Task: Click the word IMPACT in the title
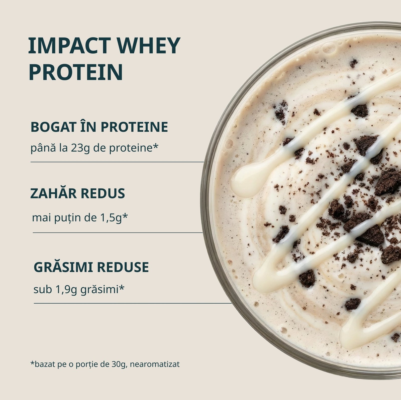pyautogui.click(x=69, y=46)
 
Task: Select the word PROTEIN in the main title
pyautogui.click(x=76, y=72)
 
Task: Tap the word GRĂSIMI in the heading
pyautogui.click(x=63, y=267)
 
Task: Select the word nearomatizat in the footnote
pyautogui.click(x=155, y=364)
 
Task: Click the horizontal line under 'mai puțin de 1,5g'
pyautogui.click(x=118, y=233)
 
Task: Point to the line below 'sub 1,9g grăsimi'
pyautogui.click(x=133, y=303)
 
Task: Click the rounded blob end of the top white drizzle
pyautogui.click(x=245, y=178)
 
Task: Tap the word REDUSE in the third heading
pyautogui.click(x=123, y=267)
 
